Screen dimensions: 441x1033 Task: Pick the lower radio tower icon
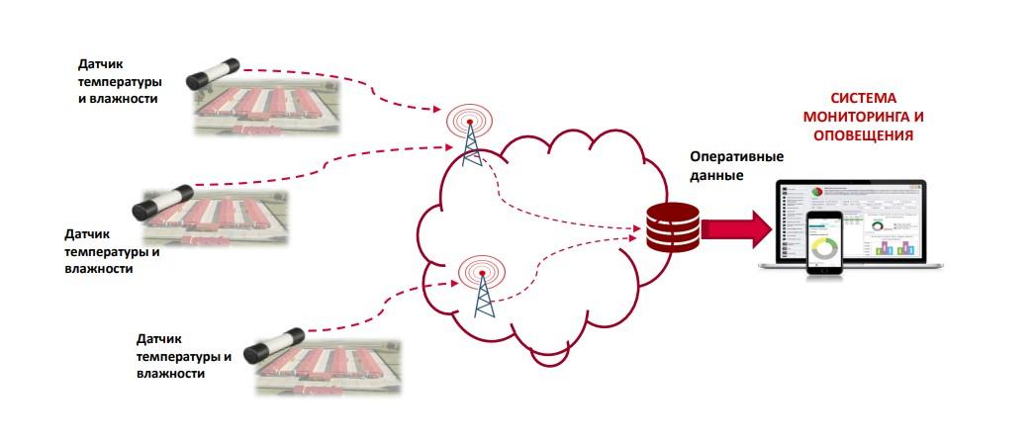point(483,286)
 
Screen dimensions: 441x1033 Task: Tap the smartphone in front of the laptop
point(823,243)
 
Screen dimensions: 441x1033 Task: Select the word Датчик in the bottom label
point(163,338)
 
